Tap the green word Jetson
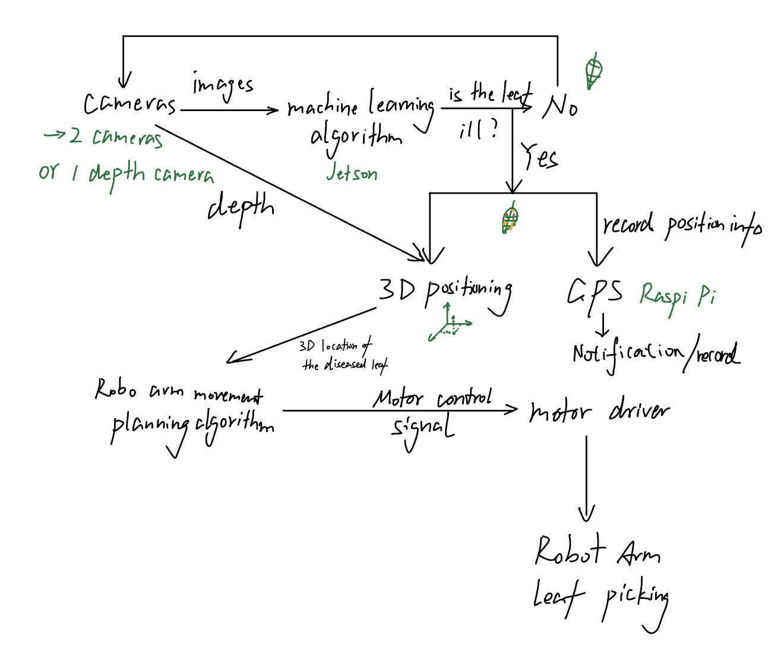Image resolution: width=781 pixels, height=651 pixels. [352, 173]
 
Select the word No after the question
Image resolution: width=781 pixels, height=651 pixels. [559, 107]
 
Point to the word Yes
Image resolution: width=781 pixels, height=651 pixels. [539, 157]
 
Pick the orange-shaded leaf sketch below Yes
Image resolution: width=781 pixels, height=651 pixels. [510, 219]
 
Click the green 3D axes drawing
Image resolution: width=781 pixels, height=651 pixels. [450, 325]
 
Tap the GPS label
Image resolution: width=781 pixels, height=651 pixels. [595, 292]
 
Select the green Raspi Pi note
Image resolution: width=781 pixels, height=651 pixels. [677, 295]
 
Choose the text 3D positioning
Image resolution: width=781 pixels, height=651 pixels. [445, 292]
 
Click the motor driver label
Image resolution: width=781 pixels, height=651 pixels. [599, 411]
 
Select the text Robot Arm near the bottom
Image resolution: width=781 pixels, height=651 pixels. [597, 551]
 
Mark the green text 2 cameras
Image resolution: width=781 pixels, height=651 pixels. [116, 137]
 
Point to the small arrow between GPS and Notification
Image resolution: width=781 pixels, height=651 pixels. [603, 325]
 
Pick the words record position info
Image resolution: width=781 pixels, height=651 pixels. [682, 226]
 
